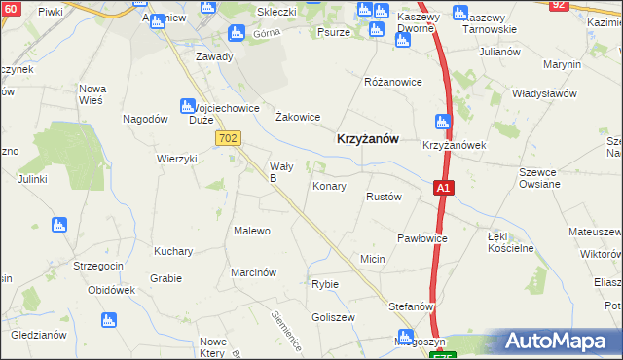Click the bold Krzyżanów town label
point(368,139)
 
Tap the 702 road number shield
point(228,139)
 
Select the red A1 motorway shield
point(444,187)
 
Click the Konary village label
point(329,186)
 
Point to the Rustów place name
point(384,197)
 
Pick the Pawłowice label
point(422,238)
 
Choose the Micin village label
point(373,260)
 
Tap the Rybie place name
point(324,284)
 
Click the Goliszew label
point(331,318)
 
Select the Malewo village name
point(251,231)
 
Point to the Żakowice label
point(298,117)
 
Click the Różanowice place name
point(392,82)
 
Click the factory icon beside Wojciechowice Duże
point(187,105)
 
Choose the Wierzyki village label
point(177,159)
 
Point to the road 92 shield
point(558,5)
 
